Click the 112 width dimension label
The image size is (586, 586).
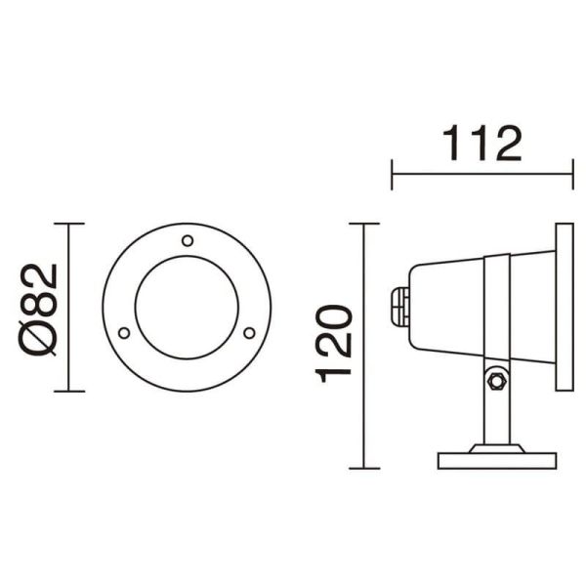[482, 144]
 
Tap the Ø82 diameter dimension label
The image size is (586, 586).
[40, 309]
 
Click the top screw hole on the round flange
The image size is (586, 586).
[188, 239]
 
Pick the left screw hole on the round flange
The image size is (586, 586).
[124, 333]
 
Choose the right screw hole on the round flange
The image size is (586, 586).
[249, 333]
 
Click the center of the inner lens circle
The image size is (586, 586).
[187, 308]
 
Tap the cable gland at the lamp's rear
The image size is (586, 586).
[398, 306]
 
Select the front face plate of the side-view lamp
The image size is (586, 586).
[564, 307]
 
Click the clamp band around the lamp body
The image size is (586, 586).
[495, 307]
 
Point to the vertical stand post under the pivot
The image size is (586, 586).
[495, 415]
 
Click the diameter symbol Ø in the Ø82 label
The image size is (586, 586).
[40, 337]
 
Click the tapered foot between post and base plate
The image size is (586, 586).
[495, 448]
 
